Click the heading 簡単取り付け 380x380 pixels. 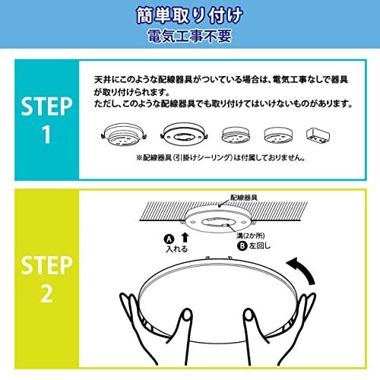tap(189, 15)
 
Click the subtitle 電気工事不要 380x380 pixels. tap(189, 36)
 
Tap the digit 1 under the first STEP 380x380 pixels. tap(46, 135)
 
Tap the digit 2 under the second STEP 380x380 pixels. tap(47, 293)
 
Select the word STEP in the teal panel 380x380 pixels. tap(46, 106)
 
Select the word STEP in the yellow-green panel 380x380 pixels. tap(46, 265)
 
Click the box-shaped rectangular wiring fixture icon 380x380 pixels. tap(318, 135)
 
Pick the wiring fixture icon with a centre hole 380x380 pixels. tap(184, 135)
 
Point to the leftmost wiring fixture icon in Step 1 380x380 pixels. tap(123, 135)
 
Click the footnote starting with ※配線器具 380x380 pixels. tap(220, 158)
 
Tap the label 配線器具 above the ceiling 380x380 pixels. tap(244, 198)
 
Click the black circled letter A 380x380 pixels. tap(169, 239)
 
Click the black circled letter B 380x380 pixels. tap(242, 246)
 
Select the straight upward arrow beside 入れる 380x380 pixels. tap(185, 238)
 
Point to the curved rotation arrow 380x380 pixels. tap(305, 270)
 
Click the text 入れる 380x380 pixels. tap(176, 249)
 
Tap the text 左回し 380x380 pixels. tap(260, 245)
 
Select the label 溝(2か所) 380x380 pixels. tap(250, 236)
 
